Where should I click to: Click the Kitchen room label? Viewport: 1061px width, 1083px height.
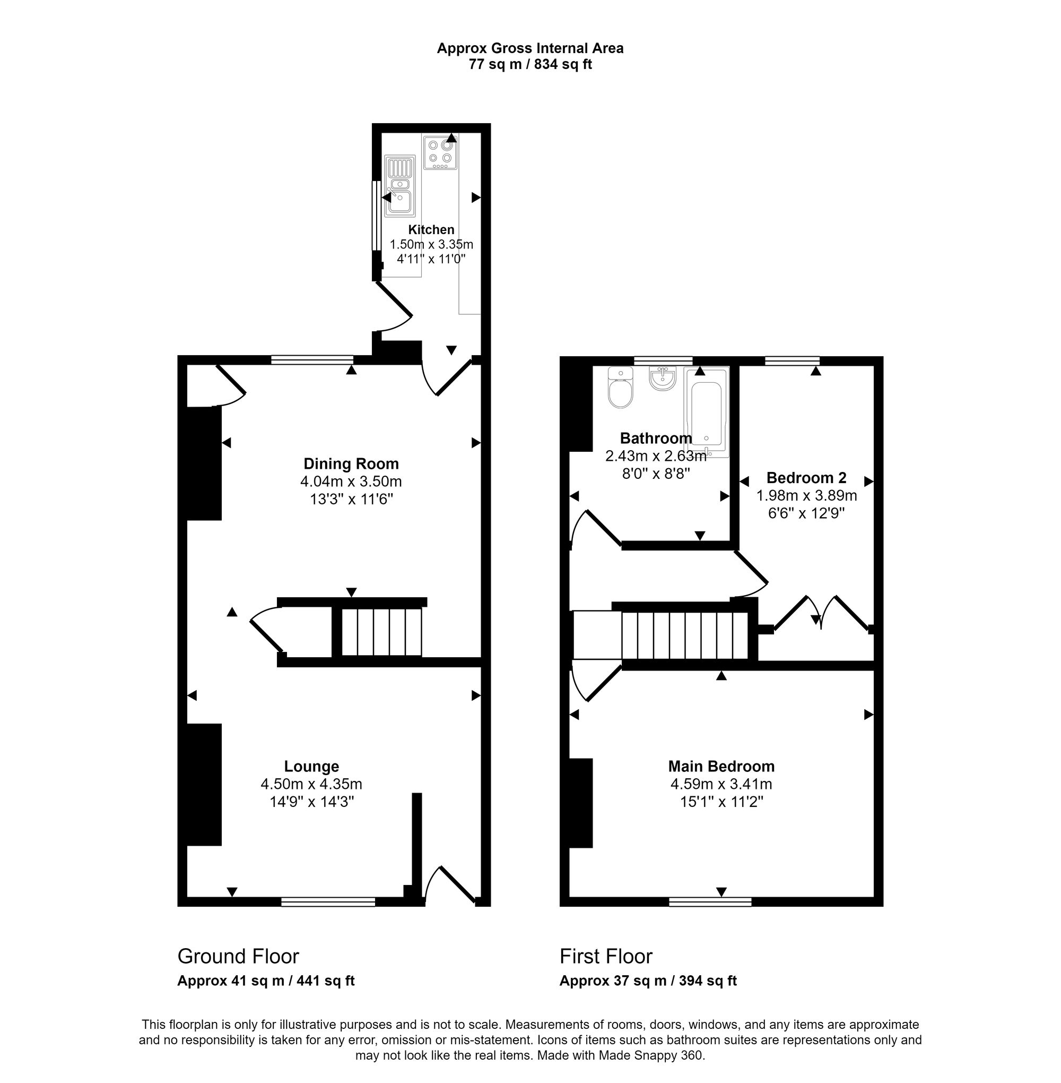431,229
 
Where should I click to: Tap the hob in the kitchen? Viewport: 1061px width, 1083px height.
440,153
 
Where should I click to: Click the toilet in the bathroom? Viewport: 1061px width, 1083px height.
620,388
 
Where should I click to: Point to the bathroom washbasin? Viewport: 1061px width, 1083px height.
662,379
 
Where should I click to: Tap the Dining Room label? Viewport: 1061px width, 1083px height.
351,463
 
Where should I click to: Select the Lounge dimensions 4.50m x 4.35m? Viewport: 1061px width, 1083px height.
311,784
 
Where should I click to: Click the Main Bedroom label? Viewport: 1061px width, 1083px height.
721,766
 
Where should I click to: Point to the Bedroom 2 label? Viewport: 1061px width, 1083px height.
806,477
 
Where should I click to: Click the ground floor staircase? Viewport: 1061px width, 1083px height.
381,632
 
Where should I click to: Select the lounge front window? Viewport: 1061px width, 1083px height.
328,902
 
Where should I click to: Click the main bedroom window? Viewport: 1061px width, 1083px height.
710,902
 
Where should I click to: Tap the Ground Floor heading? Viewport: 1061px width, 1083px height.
238,956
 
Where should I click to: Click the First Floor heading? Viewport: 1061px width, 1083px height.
606,956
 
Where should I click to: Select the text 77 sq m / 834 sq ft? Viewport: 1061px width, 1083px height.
530,65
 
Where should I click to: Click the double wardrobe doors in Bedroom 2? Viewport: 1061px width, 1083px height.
821,614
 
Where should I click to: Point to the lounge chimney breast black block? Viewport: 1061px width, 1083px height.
204,784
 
